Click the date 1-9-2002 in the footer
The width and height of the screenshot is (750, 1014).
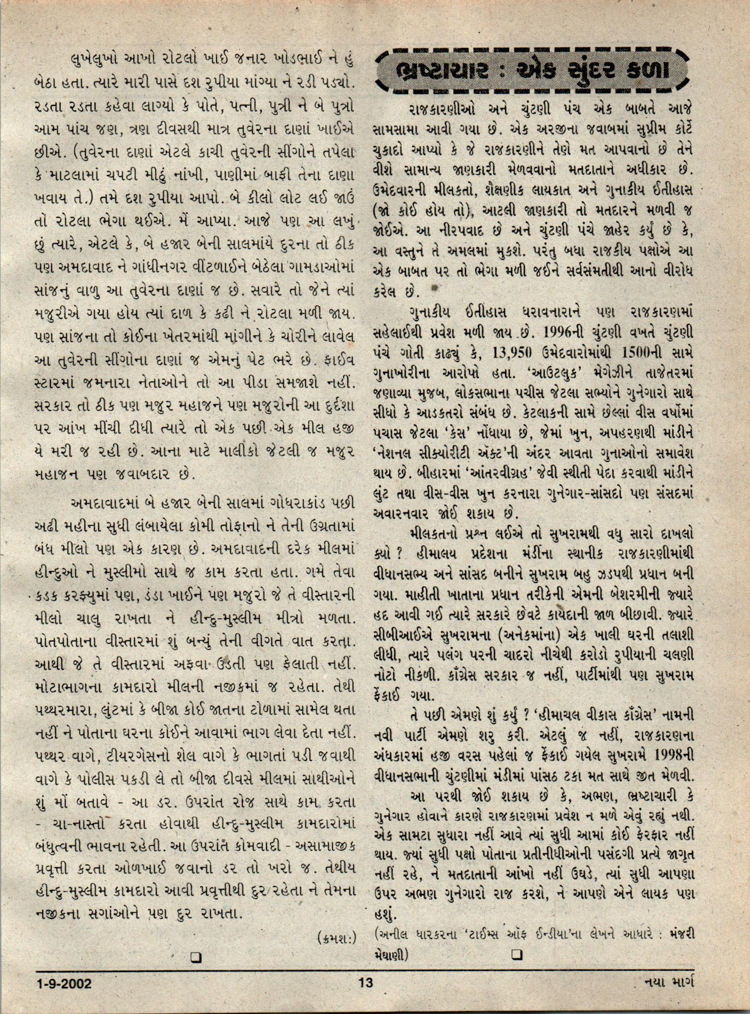(64, 984)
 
